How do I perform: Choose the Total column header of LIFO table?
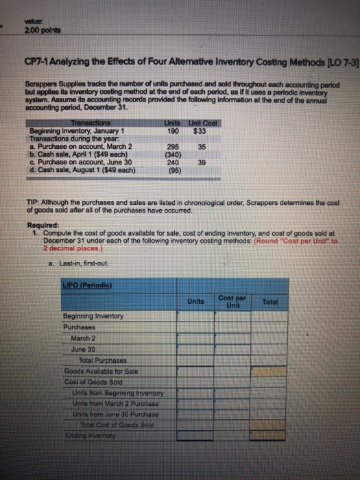(268, 302)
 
